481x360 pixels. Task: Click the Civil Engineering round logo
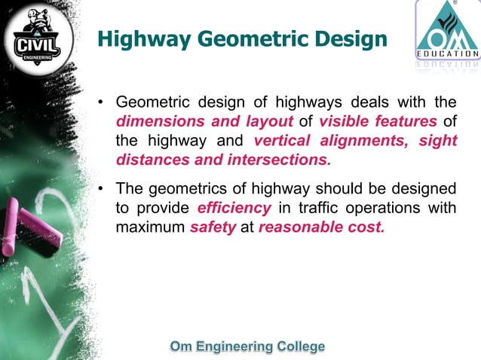[x=38, y=38]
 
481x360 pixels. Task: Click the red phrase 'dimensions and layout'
[x=204, y=122]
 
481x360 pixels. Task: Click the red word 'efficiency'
[x=234, y=208]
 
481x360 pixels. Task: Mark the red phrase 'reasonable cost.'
[x=321, y=227]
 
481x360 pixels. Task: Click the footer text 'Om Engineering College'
[x=248, y=346]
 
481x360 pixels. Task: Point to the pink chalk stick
[x=30, y=230]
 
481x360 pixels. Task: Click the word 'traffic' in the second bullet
[x=305, y=208]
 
